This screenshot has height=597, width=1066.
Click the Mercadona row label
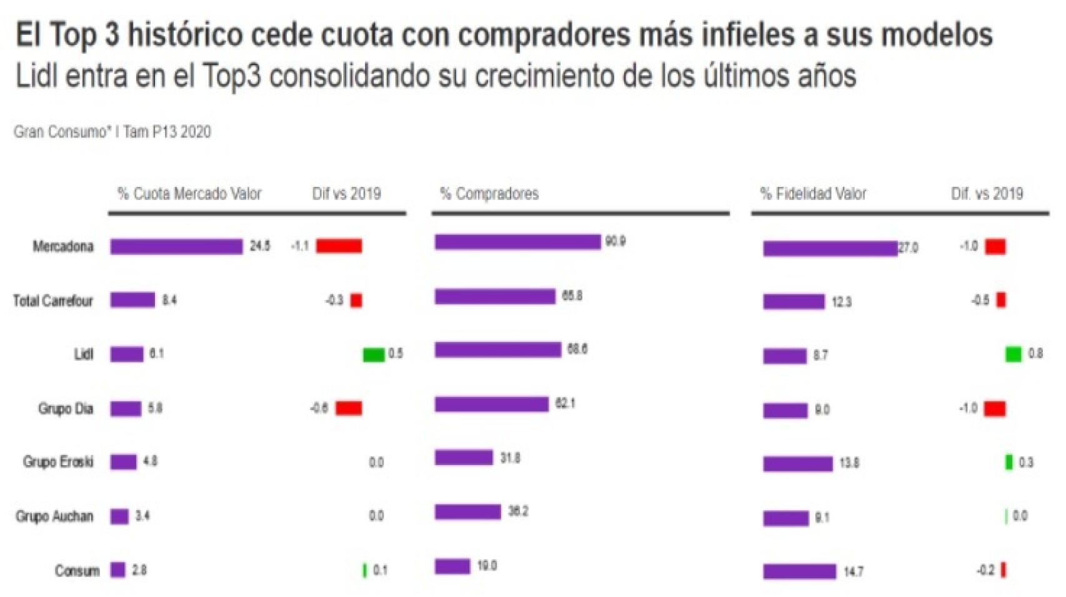coord(62,247)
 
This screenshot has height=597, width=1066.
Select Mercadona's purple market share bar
coord(176,247)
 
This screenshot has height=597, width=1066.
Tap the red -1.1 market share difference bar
coord(339,246)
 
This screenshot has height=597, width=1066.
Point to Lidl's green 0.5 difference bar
coord(374,354)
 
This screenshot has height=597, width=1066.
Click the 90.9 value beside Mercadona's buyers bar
coord(615,242)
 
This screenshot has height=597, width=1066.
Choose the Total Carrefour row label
coord(53,301)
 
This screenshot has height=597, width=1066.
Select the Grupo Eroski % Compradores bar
coord(464,458)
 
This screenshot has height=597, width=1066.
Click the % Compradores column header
coord(489,194)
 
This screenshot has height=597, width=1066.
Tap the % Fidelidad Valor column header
coord(813,194)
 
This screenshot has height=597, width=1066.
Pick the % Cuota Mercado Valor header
coord(189,194)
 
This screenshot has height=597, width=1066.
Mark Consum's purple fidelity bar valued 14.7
coord(799,571)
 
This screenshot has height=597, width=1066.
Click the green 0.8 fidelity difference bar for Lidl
coord(1013,354)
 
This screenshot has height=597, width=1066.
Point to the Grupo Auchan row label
coord(54,517)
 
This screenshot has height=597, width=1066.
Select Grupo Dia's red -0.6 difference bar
coord(349,409)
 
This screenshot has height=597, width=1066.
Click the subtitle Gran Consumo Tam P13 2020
coord(112,132)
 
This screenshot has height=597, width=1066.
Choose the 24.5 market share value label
coord(260,246)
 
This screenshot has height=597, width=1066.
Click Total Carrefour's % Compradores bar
coord(495,296)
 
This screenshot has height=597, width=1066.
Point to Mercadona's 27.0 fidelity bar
coord(830,249)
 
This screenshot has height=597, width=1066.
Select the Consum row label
coord(77,571)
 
